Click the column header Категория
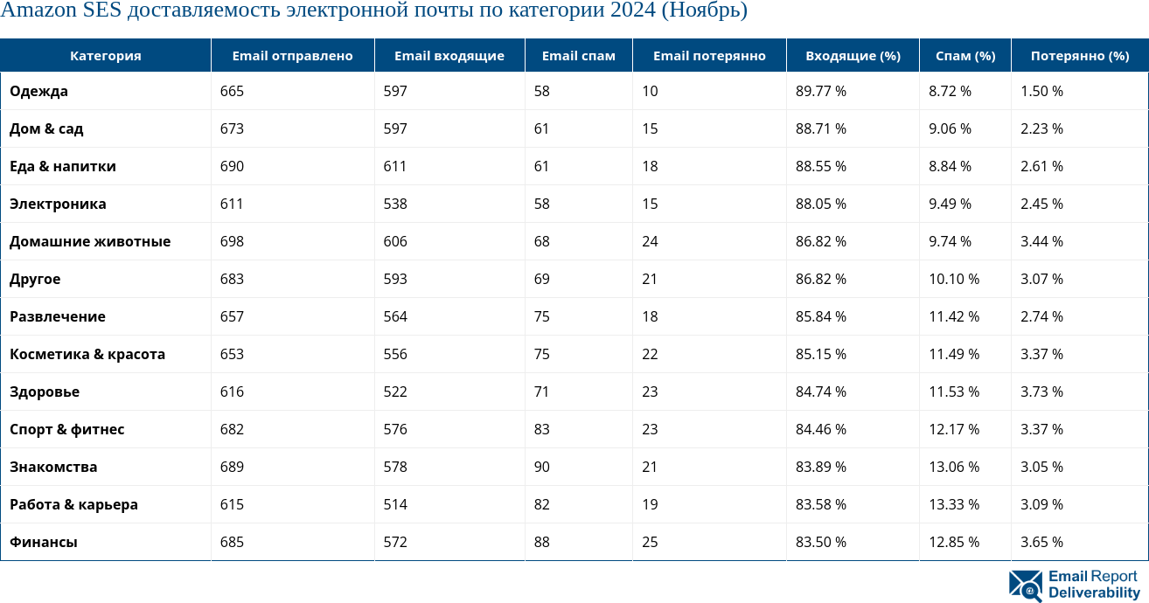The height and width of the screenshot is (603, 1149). pyautogui.click(x=105, y=56)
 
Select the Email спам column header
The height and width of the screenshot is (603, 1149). pyautogui.click(x=578, y=56)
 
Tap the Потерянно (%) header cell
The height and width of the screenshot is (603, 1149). pyautogui.click(x=1079, y=56)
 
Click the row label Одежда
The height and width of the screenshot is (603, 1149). pyautogui.click(x=38, y=91)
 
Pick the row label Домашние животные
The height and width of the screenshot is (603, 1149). pyautogui.click(x=90, y=241)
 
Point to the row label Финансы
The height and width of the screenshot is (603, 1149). pyautogui.click(x=44, y=542)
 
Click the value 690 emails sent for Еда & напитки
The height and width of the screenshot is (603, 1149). pyautogui.click(x=232, y=166)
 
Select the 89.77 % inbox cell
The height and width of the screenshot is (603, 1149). pyautogui.click(x=820, y=91)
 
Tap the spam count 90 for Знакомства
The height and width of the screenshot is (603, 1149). pyautogui.click(x=542, y=467)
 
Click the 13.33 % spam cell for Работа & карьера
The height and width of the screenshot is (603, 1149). pyautogui.click(x=953, y=504)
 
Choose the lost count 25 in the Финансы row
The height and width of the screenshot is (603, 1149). pyautogui.click(x=650, y=542)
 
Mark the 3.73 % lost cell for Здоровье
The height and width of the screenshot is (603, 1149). pyautogui.click(x=1041, y=392)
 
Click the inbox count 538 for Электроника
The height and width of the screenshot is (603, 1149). pyautogui.click(x=395, y=204)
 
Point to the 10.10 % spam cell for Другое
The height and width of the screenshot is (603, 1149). pyautogui.click(x=953, y=279)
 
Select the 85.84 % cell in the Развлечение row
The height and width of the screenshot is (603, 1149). pyautogui.click(x=820, y=316)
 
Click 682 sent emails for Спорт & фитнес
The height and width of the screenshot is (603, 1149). pyautogui.click(x=232, y=429)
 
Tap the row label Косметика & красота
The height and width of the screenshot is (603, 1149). pyautogui.click(x=87, y=354)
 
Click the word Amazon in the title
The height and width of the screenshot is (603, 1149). pyautogui.click(x=38, y=11)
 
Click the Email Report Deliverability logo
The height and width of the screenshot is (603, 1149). pyautogui.click(x=1074, y=585)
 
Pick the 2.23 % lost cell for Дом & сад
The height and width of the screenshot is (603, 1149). pyautogui.click(x=1041, y=128)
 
